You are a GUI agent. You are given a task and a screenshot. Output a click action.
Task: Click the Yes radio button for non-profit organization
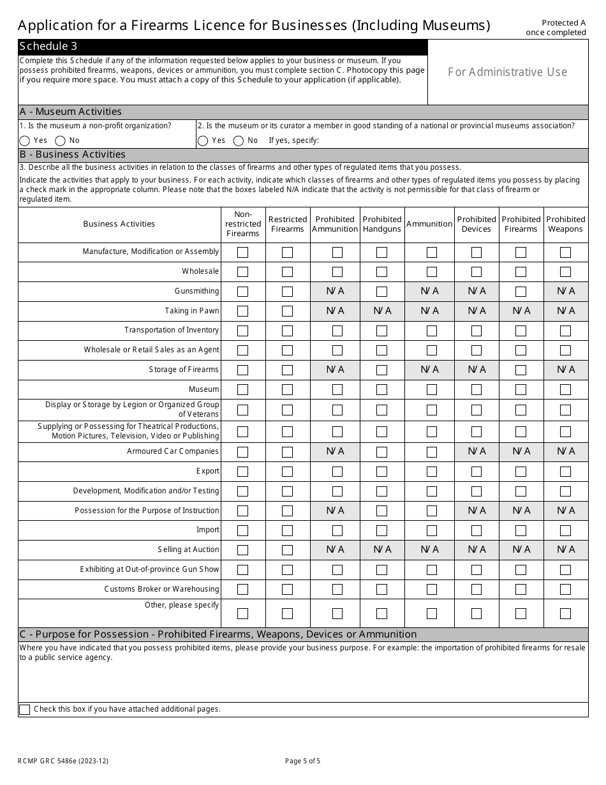pos(25,140)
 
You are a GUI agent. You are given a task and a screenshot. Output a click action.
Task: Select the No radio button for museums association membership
pos(239,140)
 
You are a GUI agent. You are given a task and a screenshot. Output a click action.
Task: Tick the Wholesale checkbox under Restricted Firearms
pos(287,272)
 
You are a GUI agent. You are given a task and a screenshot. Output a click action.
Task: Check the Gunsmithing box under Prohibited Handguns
pos(381,292)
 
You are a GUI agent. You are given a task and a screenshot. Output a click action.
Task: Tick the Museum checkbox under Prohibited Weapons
pos(565,390)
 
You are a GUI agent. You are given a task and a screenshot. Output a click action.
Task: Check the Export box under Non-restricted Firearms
pos(243,472)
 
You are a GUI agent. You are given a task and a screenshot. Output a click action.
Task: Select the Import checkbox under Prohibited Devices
pos(477,531)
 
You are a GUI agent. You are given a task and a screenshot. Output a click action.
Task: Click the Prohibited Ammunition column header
pos(335,224)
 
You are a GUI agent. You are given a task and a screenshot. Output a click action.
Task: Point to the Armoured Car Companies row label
pos(173,451)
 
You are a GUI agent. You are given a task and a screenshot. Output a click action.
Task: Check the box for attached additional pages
pos(25,710)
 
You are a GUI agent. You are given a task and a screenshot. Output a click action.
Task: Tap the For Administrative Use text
pos(507,72)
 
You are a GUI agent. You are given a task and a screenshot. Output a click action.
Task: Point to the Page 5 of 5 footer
pos(303,761)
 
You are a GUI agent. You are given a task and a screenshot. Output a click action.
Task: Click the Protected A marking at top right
pos(564,22)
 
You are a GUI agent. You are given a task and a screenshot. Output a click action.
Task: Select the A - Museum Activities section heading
pos(71,112)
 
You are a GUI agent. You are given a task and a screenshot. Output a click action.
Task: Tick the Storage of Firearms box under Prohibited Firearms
pos(521,370)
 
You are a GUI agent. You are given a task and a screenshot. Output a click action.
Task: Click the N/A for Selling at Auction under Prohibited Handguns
pos(382,549)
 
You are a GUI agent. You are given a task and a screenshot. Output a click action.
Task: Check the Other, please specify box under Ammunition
pos(432,614)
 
